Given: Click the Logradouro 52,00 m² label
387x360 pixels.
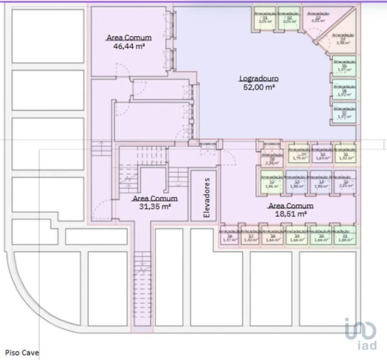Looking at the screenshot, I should [x=258, y=83].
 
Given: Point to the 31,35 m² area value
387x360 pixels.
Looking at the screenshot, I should [x=155, y=206].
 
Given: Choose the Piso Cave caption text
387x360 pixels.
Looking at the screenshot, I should [x=23, y=351].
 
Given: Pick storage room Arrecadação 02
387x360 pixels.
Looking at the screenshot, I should [x=287, y=18].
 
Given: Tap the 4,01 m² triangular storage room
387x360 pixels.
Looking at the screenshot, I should [x=316, y=18].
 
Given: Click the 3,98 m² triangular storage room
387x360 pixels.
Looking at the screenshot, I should [x=342, y=40].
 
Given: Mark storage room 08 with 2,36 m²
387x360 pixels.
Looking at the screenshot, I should [x=271, y=159].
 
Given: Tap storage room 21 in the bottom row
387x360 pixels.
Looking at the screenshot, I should [x=345, y=236].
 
